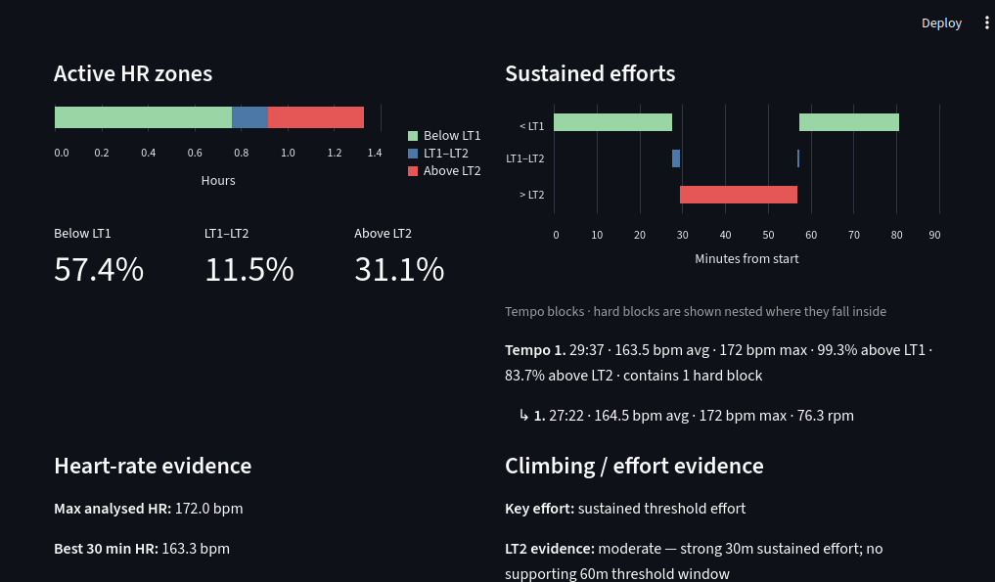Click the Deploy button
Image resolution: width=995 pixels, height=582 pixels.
(941, 22)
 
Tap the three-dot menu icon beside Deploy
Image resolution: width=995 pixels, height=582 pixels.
(987, 22)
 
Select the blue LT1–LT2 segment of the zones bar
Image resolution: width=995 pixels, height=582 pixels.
(249, 117)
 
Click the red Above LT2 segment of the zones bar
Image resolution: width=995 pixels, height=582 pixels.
(316, 117)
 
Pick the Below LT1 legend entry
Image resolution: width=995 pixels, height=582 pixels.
(444, 136)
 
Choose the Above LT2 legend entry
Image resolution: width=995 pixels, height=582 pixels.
(444, 171)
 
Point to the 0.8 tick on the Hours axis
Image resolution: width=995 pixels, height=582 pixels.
(241, 153)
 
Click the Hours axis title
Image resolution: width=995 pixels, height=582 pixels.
(218, 180)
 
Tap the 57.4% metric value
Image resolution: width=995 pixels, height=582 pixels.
(99, 269)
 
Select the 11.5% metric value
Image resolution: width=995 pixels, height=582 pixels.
(249, 269)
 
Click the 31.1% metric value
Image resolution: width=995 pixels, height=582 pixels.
(399, 269)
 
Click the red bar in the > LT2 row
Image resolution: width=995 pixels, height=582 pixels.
(739, 195)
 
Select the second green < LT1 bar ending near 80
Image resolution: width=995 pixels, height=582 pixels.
(849, 122)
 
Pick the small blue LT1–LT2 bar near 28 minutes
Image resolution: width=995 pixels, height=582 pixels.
(676, 158)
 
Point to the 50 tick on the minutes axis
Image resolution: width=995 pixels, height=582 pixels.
(768, 235)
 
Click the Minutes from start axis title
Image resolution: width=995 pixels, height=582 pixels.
(746, 259)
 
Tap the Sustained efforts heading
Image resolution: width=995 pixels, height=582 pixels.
(590, 73)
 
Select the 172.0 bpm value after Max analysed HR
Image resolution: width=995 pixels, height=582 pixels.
(208, 509)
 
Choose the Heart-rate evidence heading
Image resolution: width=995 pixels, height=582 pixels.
(153, 466)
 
